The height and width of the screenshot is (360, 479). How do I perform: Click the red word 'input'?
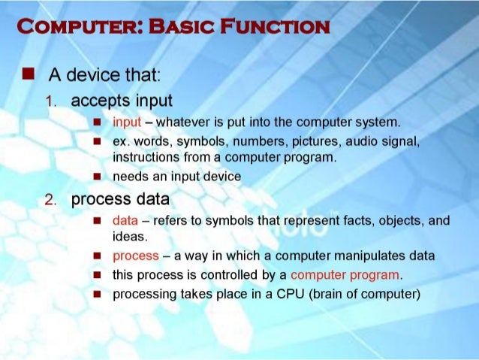coord(126,123)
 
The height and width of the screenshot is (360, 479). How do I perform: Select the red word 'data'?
coord(125,221)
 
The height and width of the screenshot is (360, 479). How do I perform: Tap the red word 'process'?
coord(135,256)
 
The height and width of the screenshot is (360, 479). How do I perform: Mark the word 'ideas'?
coord(128,236)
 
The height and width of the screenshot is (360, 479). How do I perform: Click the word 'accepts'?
coord(95,101)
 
